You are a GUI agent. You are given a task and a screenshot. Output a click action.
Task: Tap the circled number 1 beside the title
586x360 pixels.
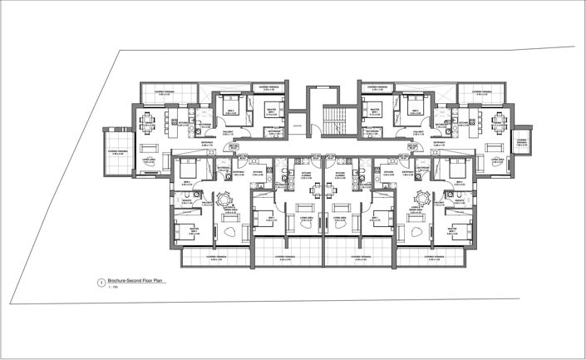coord(101,283)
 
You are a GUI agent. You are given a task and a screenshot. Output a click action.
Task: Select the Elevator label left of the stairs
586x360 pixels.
coord(297,126)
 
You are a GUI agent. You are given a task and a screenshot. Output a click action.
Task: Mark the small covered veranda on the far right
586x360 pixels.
coord(523,139)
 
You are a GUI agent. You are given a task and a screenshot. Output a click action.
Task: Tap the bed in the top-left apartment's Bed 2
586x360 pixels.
coord(229,109)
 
